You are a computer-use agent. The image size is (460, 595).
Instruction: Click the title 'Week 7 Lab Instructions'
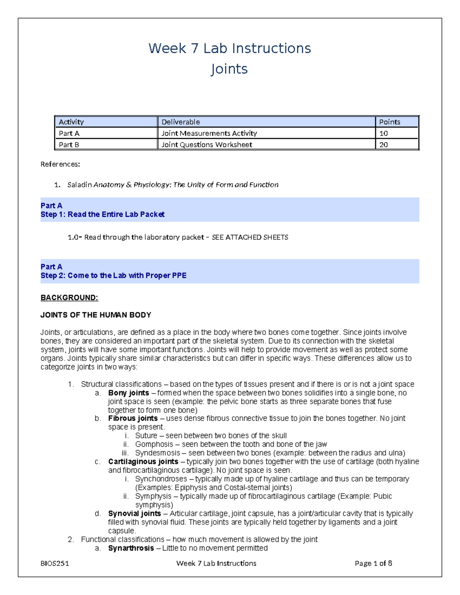tap(230, 49)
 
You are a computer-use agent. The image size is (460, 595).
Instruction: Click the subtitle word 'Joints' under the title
tap(229, 69)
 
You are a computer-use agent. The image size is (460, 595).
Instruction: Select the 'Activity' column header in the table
tap(71, 122)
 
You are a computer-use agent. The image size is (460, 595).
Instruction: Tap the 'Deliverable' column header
tap(181, 122)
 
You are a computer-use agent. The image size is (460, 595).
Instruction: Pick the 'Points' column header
tap(389, 122)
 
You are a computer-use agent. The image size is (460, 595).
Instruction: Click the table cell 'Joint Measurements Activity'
tap(209, 133)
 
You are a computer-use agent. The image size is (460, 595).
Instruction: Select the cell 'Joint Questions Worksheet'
tap(207, 145)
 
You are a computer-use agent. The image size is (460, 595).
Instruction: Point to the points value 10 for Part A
tap(383, 133)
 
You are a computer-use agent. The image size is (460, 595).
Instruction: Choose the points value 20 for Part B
tap(383, 145)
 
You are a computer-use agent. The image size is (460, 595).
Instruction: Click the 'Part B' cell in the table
tap(69, 145)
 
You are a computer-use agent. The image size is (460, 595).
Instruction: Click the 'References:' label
tap(60, 164)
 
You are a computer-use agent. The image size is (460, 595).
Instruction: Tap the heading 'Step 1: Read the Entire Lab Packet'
tap(102, 215)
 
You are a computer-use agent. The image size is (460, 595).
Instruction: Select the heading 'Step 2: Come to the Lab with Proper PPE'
tap(113, 275)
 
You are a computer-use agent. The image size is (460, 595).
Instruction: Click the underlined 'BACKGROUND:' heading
tap(69, 298)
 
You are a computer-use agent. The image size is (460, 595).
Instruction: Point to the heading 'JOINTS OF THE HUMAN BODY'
tap(96, 315)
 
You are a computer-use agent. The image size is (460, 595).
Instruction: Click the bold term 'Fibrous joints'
tap(133, 418)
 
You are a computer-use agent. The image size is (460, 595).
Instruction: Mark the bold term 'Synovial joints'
tap(134, 513)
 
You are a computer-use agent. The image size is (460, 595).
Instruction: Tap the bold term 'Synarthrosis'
tap(131, 548)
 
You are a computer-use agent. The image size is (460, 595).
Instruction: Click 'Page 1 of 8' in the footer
tap(373, 563)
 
